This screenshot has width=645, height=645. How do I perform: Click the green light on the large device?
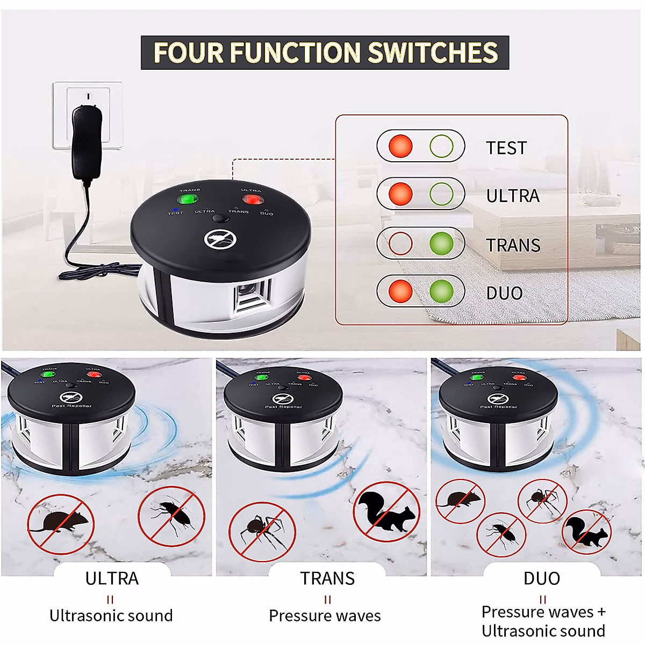[x=188, y=199]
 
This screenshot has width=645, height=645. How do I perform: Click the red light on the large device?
[x=251, y=200]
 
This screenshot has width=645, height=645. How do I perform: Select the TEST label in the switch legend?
[x=506, y=148]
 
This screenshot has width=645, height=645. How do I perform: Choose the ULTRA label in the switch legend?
[x=512, y=196]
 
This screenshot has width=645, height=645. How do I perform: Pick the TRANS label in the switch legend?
[x=513, y=245]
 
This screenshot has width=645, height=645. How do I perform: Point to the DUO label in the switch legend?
[x=504, y=293]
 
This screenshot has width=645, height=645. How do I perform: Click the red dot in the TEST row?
[x=400, y=146]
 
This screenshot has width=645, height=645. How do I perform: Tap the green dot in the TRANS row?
[x=441, y=243]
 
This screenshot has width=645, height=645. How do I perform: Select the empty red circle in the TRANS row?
[x=400, y=243]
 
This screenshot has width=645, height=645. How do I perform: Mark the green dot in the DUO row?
[x=441, y=291]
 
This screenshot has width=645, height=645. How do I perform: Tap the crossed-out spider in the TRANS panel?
[x=262, y=532]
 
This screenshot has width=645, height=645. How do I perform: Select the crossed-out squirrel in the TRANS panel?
[x=387, y=511]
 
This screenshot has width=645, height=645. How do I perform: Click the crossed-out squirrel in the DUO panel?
[x=587, y=532]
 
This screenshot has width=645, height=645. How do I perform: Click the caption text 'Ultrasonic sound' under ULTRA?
[x=111, y=615]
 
